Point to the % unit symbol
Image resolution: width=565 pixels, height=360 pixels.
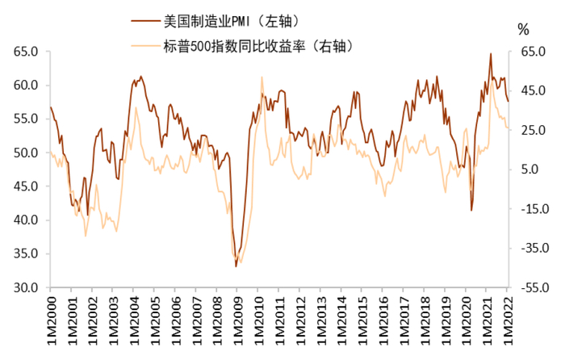pos(522,30)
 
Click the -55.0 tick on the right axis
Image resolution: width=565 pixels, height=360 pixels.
pos(532,287)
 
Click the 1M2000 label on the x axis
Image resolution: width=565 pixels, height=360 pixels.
pos(51,319)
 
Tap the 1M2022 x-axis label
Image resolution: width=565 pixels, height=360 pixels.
pos(507,319)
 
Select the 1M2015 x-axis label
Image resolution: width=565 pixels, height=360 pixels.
pos(362,319)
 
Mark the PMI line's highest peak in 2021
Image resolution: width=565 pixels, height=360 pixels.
pos(491,54)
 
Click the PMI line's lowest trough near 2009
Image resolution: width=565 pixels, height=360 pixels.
pos(236,266)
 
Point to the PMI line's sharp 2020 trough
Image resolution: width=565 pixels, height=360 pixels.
pos(471,211)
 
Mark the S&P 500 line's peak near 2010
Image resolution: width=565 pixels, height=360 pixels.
pos(262,77)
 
